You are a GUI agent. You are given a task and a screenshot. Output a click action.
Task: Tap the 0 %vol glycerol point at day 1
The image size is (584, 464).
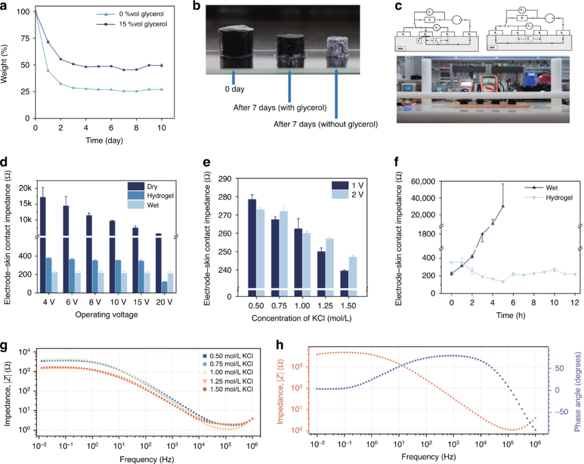(x=48, y=70)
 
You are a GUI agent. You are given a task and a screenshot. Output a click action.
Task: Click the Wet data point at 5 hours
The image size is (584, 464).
(x=503, y=206)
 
